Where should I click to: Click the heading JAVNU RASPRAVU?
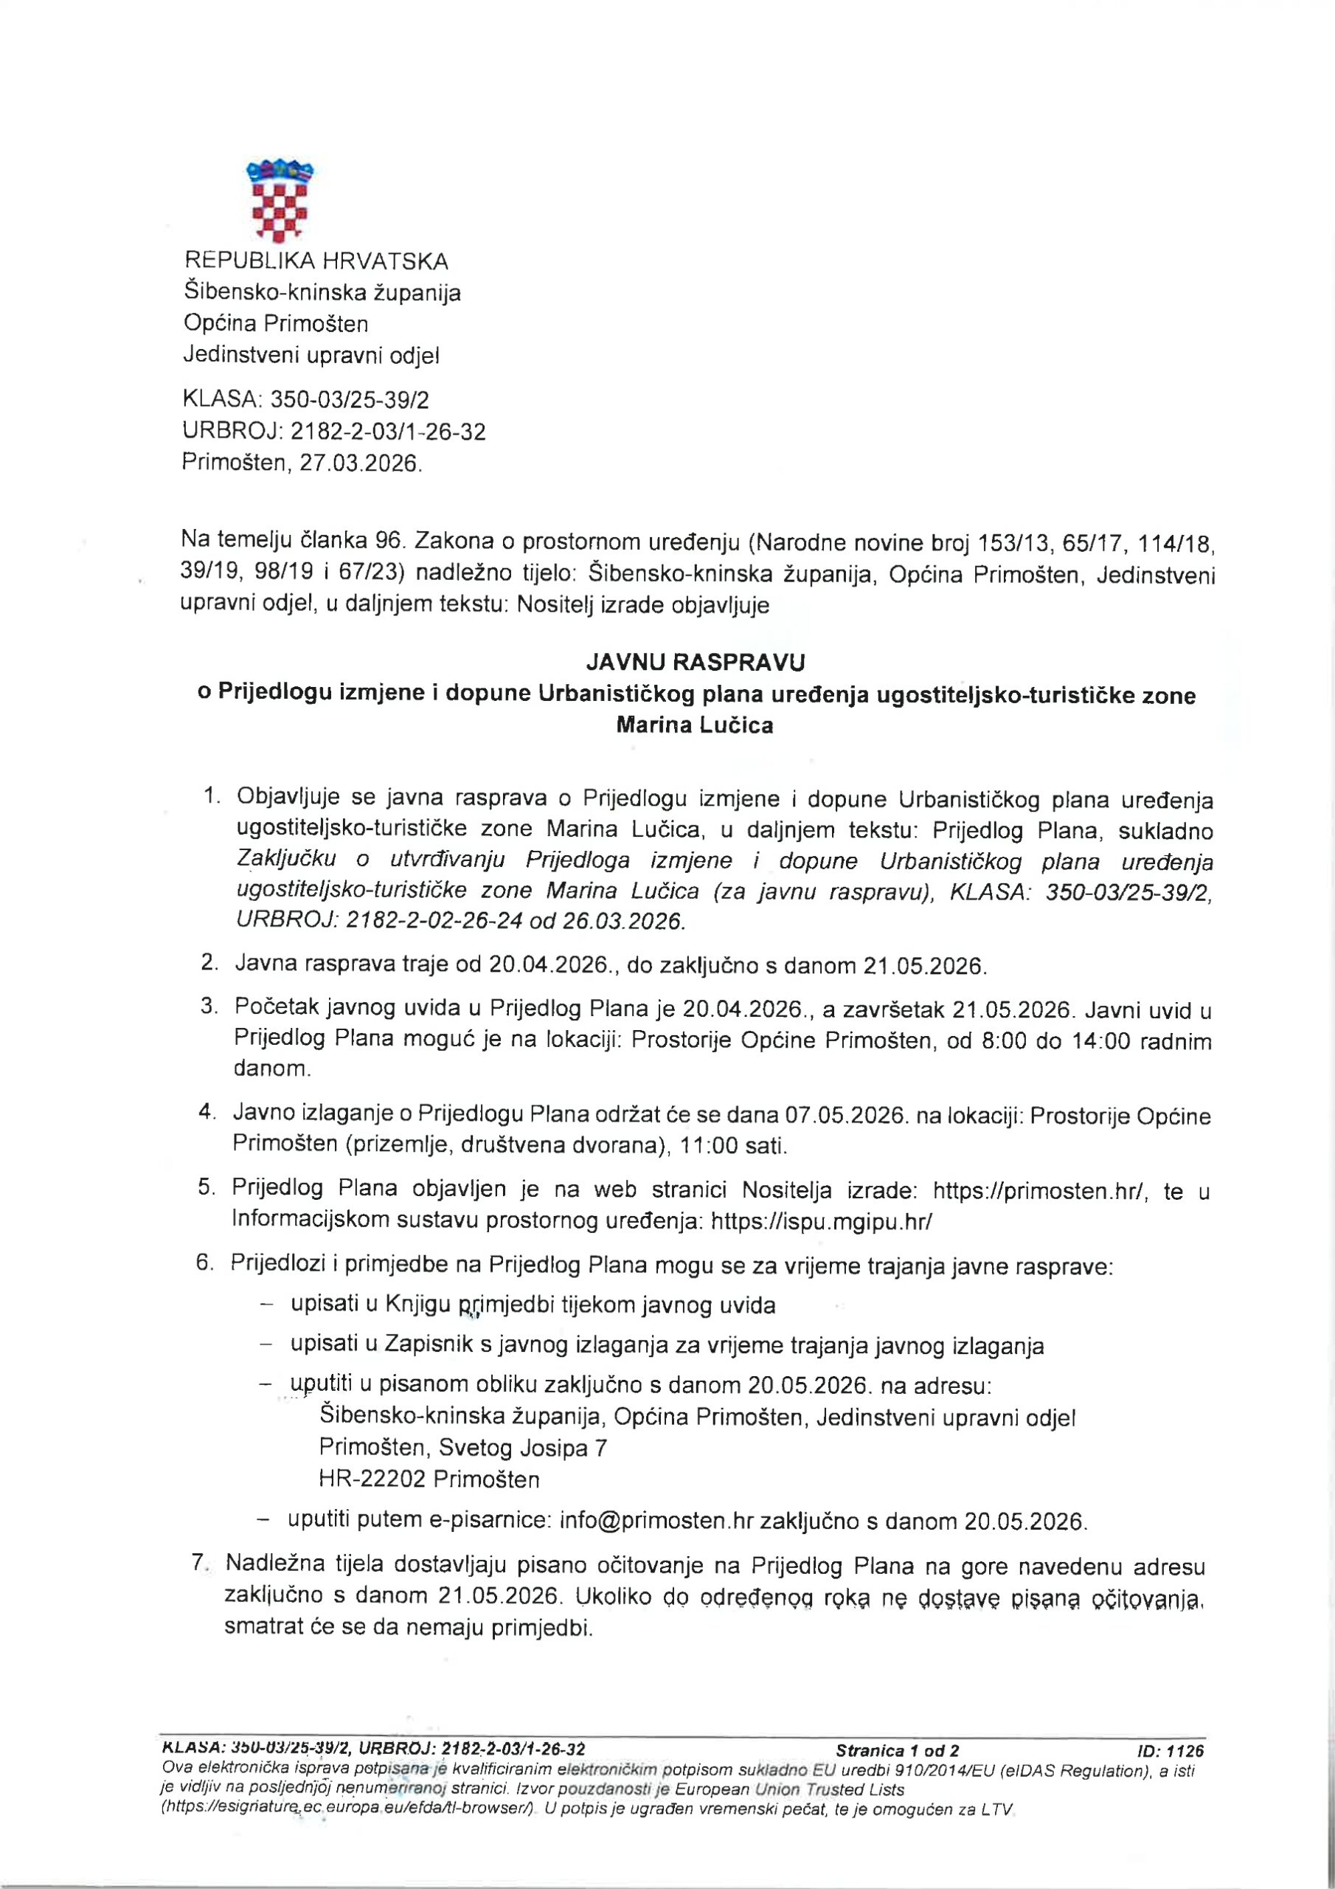(x=695, y=663)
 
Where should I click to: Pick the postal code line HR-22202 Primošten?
(x=429, y=1479)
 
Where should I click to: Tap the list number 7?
(x=198, y=1561)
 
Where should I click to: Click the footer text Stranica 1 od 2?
(x=897, y=1751)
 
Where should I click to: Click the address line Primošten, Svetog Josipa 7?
(x=463, y=1447)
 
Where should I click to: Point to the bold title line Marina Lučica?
(x=695, y=725)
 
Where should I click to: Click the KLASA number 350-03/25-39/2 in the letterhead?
(x=350, y=400)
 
